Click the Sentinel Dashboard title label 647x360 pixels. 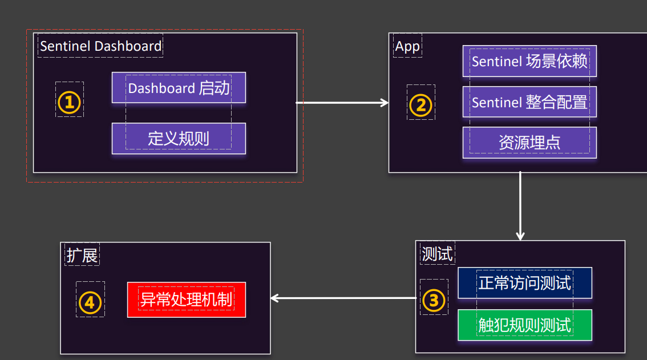[100, 46]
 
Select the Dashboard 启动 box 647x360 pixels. [179, 88]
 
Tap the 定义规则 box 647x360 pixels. [179, 139]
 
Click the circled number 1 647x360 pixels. [70, 103]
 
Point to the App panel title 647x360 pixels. [407, 47]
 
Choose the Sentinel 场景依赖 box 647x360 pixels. [529, 61]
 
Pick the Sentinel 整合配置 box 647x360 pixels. [529, 102]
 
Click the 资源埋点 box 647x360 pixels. [529, 143]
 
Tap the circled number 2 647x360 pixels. [421, 105]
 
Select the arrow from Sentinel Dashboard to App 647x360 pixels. [342, 103]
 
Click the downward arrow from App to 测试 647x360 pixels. [520, 205]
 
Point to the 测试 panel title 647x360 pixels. [436, 254]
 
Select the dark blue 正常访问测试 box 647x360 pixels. [525, 282]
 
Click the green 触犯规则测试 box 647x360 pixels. [525, 325]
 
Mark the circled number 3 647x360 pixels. [434, 300]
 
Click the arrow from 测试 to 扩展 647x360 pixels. [342, 298]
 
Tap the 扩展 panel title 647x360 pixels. [82, 255]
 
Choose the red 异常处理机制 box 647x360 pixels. [187, 300]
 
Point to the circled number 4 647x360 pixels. [90, 302]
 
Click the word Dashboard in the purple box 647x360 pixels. [161, 88]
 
